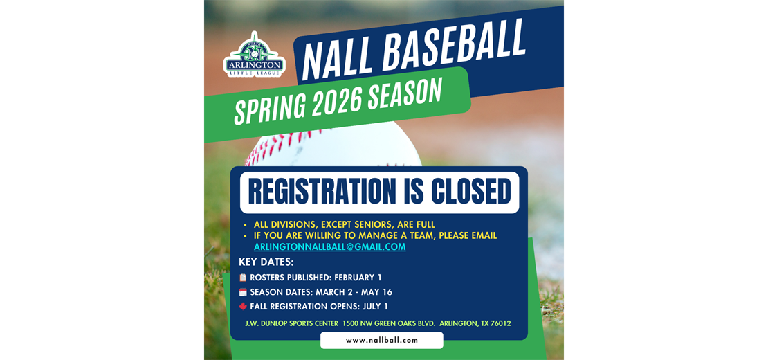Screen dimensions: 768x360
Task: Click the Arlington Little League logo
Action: [x=254, y=55]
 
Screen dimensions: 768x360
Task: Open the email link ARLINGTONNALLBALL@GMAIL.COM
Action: [x=329, y=247]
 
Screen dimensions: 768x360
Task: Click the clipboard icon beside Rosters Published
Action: [x=243, y=278]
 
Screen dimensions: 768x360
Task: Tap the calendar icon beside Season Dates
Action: [x=243, y=292]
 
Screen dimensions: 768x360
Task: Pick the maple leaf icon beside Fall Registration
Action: [x=243, y=307]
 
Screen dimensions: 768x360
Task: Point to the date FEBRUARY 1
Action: [x=358, y=278]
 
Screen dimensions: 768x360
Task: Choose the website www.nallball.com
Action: [x=382, y=340]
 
